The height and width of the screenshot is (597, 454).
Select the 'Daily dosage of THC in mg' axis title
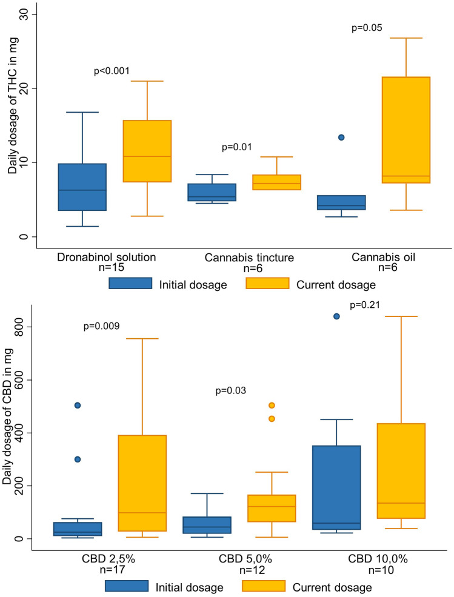[x=12, y=122]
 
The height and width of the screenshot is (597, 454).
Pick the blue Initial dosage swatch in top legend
[x=130, y=284]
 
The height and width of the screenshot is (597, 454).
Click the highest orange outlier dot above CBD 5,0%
[x=272, y=405]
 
